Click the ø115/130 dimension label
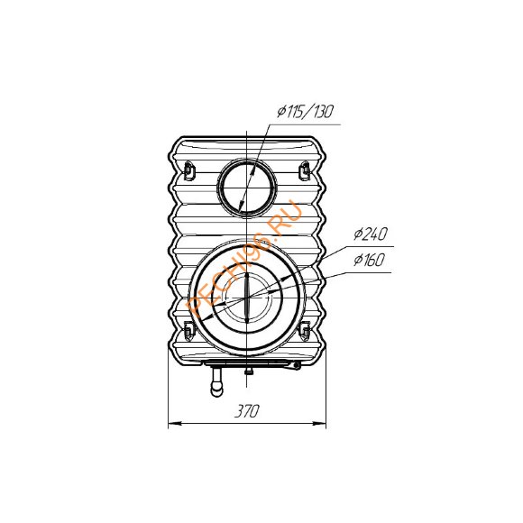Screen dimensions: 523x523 (305, 112)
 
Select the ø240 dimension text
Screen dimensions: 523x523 (371, 234)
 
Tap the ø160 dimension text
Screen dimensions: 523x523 (369, 260)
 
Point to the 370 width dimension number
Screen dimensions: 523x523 (247, 410)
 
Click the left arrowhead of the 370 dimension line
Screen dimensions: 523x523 (175, 424)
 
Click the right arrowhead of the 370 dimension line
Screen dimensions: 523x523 (319, 424)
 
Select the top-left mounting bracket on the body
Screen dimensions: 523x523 (188, 170)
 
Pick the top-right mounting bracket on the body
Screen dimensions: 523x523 (305, 170)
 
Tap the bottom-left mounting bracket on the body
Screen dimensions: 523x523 (188, 330)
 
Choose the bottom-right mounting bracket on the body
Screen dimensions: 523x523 (305, 330)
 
